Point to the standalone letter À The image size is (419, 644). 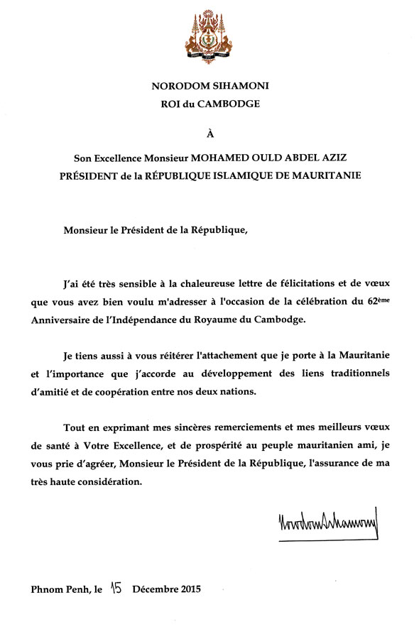[209, 133]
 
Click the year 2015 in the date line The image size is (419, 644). [187, 589]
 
